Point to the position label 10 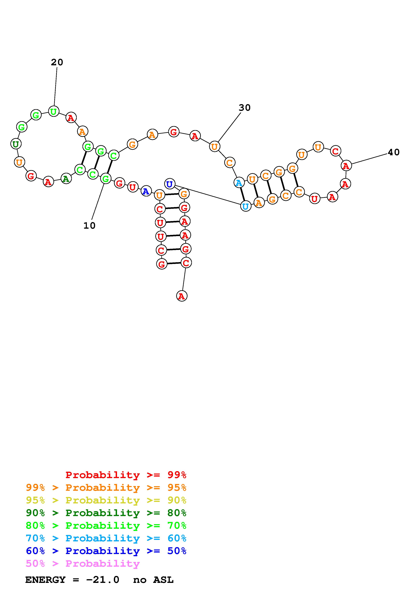coord(89,226)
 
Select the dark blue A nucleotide coord(146,191)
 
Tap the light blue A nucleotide coord(239,183)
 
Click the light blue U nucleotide coord(246,206)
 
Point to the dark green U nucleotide coord(16,144)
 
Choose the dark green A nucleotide coord(66,178)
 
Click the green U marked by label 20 coord(54,111)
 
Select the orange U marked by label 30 coord(214,146)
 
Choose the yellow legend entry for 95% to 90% coord(106,500)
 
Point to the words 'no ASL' coord(153,580)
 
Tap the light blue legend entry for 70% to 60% coord(106,538)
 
